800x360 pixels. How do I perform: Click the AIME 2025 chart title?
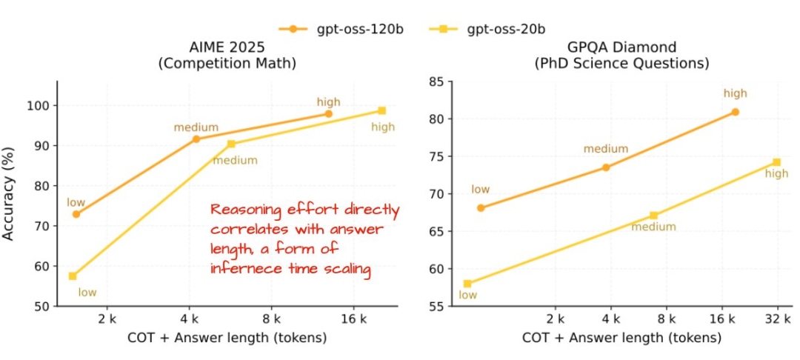click(227, 56)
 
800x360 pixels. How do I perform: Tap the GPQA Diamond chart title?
click(621, 56)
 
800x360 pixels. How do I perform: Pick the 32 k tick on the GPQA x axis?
click(777, 319)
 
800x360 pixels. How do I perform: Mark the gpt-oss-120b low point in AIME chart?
click(76, 214)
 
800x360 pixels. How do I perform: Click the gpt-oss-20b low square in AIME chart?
click(73, 276)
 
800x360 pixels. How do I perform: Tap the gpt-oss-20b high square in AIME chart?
click(381, 110)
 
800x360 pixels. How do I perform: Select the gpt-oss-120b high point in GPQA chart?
click(735, 112)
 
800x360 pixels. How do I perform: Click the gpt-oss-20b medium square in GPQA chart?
click(653, 216)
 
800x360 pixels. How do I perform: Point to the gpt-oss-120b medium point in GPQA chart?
click(606, 167)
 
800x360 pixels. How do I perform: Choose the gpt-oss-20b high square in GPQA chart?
click(776, 162)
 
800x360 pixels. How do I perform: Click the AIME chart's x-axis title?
click(227, 339)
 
